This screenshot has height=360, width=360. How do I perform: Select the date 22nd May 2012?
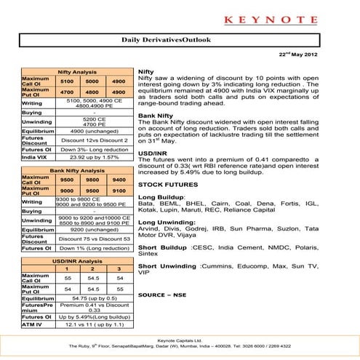(319, 55)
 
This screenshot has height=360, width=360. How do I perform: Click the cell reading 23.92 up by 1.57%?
(95, 156)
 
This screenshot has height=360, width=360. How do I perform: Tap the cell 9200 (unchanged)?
(95, 229)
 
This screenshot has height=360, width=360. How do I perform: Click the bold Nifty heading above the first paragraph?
(145, 73)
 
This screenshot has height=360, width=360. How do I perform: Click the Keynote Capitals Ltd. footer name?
(180, 340)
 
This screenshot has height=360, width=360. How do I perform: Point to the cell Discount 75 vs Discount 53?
(95, 239)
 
